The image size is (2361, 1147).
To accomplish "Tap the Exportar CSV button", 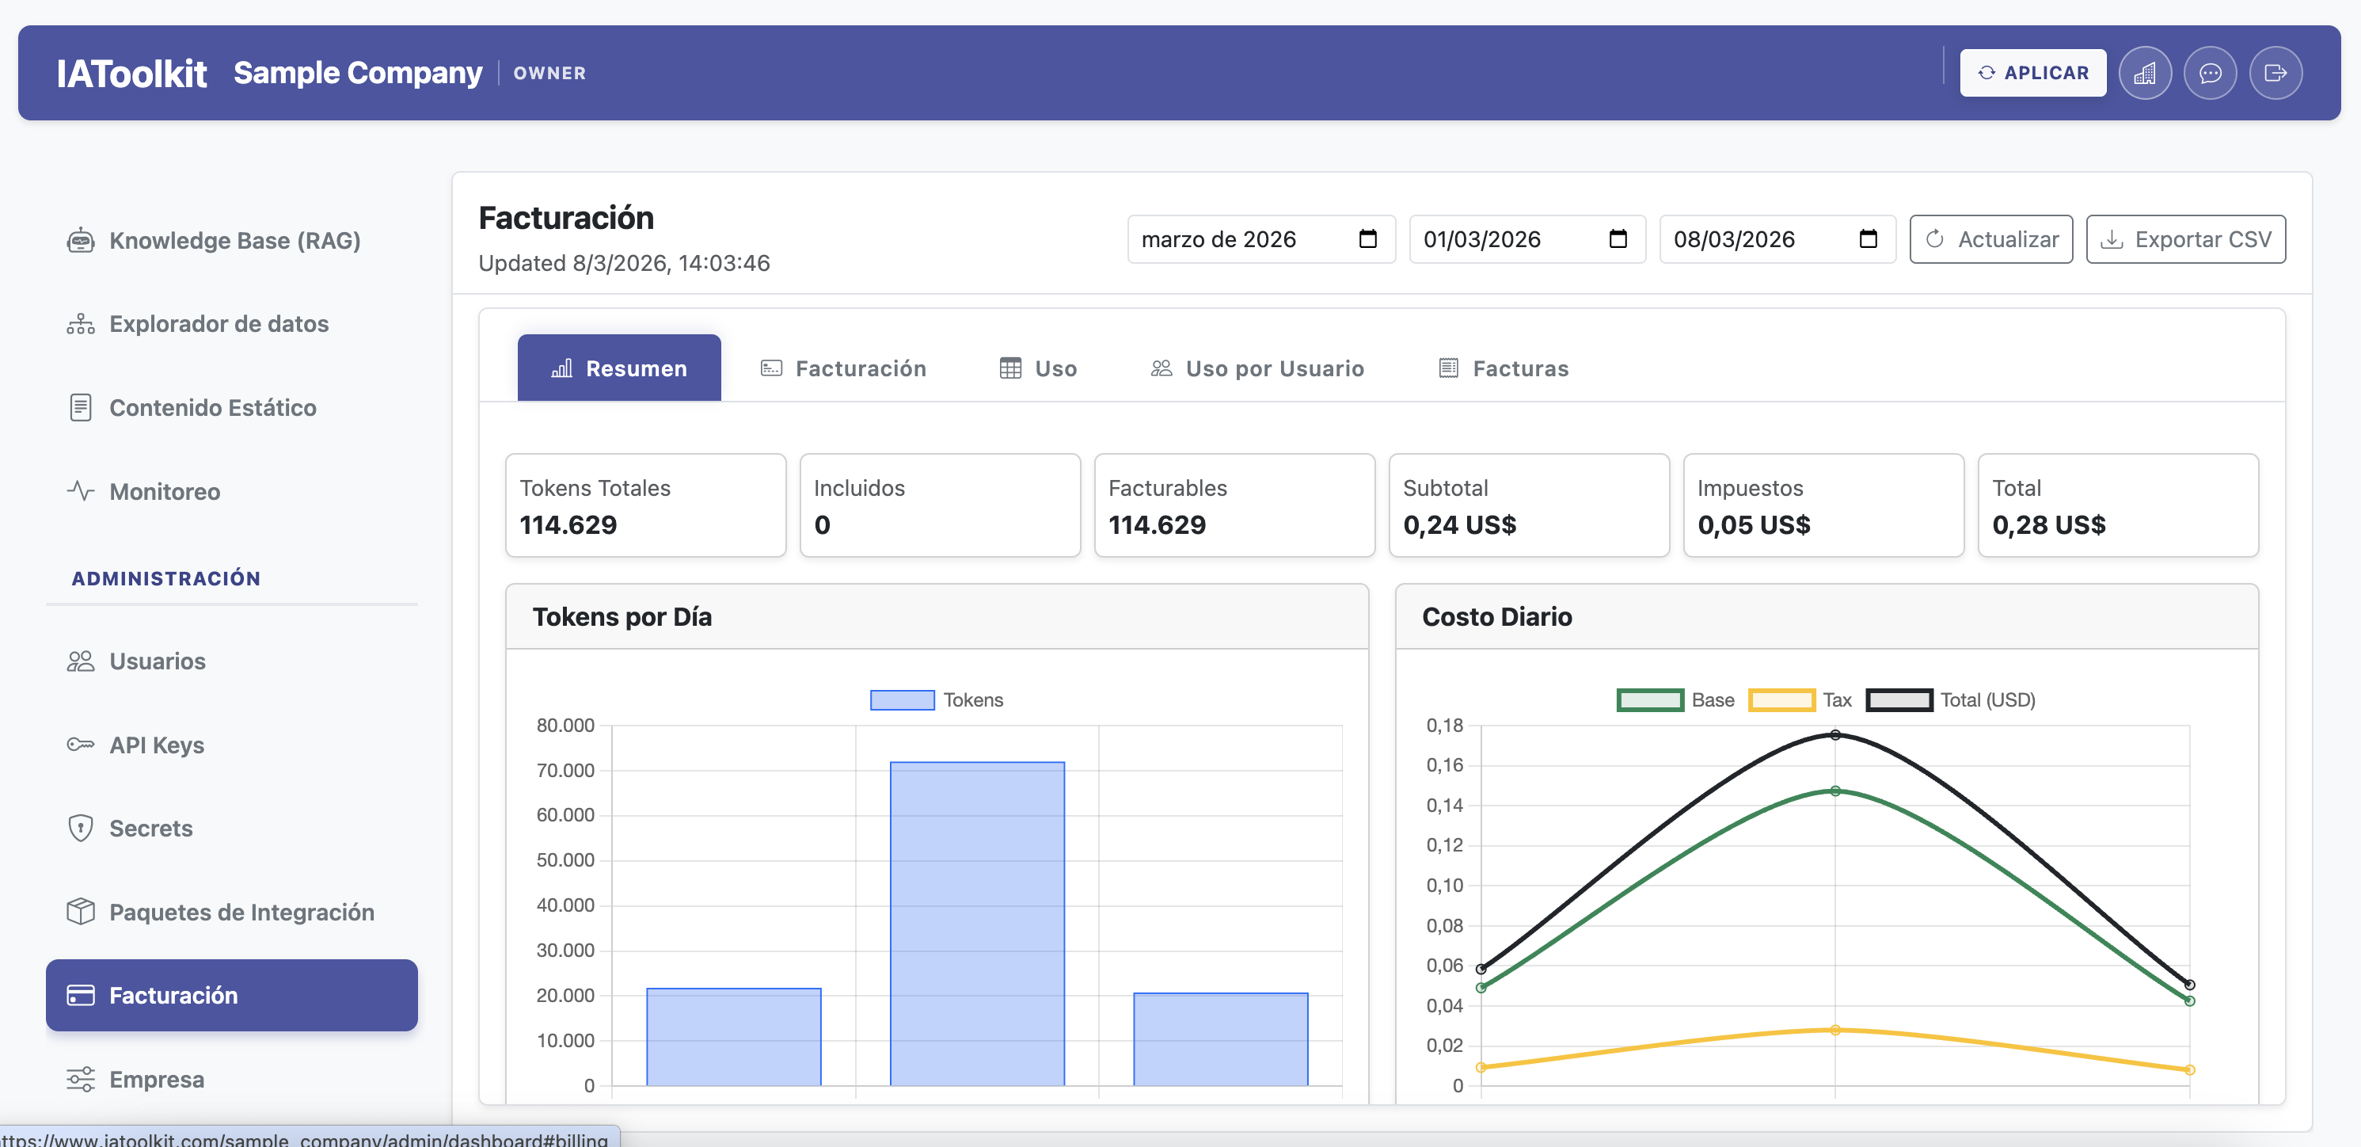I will point(2185,239).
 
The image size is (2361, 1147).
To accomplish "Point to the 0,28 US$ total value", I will point(2048,524).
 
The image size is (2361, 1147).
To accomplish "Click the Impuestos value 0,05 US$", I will point(1754,524).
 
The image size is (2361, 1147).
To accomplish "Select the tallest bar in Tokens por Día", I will point(977,921).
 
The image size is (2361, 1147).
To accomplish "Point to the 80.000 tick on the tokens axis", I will point(565,726).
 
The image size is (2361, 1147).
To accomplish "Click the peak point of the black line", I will point(1835,734).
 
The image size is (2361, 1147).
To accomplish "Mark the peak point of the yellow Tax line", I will point(1835,1030).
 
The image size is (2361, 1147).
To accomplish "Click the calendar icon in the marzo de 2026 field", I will point(1367,239).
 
